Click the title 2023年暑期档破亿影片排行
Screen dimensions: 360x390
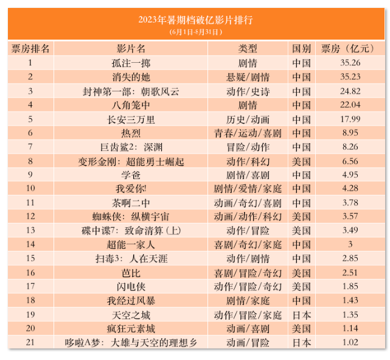pyautogui.click(x=195, y=19)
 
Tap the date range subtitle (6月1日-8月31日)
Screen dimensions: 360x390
pyautogui.click(x=195, y=31)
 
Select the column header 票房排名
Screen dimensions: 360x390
pyautogui.click(x=30, y=48)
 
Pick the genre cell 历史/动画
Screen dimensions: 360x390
pyautogui.click(x=248, y=119)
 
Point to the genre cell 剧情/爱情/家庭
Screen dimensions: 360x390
pyautogui.click(x=248, y=188)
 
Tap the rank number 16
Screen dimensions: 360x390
pyautogui.click(x=30, y=272)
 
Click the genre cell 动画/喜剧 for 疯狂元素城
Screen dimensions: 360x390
pyautogui.click(x=248, y=328)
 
